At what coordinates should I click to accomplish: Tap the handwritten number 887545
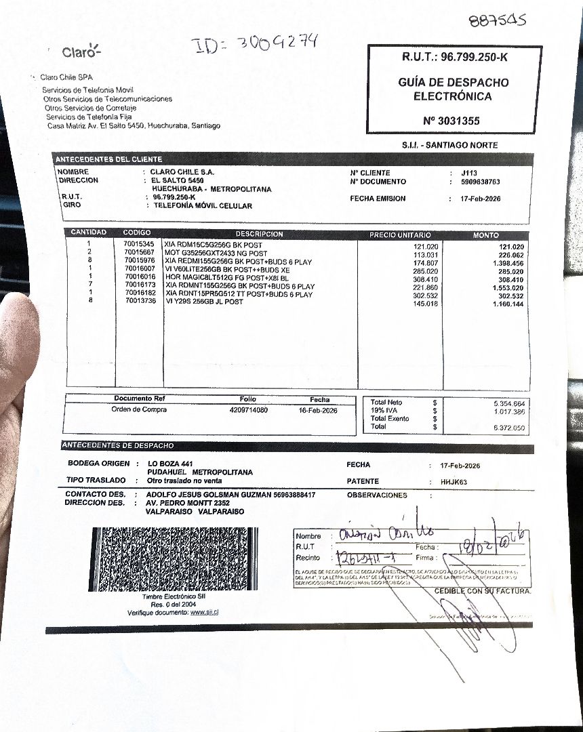click(x=497, y=20)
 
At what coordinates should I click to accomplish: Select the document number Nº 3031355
click(x=451, y=121)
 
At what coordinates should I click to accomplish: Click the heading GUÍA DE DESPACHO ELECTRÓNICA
click(x=454, y=89)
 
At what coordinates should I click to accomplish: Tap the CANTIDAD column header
click(x=89, y=232)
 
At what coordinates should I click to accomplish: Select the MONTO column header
click(x=485, y=235)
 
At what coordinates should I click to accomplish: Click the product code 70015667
click(x=139, y=252)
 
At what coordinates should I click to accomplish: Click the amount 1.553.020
click(x=508, y=288)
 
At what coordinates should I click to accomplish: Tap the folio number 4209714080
click(x=248, y=410)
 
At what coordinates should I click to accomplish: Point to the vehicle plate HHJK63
click(x=454, y=483)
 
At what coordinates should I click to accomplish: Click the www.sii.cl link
click(x=204, y=612)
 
